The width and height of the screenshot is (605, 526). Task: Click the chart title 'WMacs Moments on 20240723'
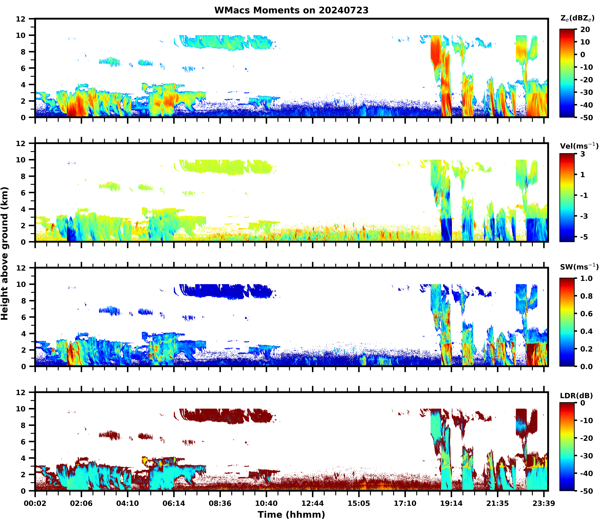(291, 10)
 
